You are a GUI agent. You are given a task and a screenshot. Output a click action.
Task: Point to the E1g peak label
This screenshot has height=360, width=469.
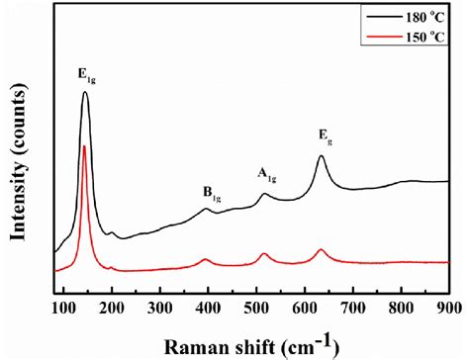click(x=87, y=73)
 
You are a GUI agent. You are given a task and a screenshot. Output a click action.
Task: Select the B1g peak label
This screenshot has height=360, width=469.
click(x=210, y=196)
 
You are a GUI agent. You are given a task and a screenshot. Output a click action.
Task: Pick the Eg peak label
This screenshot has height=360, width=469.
click(x=324, y=135)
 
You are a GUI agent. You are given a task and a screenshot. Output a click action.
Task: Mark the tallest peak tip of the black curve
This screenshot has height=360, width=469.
click(x=85, y=93)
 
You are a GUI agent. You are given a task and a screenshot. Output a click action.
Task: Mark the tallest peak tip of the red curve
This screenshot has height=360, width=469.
click(x=85, y=146)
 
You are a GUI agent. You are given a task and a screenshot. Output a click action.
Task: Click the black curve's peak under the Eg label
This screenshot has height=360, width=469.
click(x=322, y=156)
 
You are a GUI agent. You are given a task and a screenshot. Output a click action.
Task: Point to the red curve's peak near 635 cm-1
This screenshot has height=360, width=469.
click(x=321, y=250)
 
